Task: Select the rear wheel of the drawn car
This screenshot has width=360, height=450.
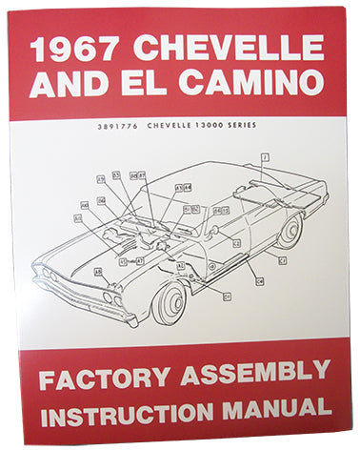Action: click(x=289, y=229)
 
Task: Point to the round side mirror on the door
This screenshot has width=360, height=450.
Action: click(x=214, y=231)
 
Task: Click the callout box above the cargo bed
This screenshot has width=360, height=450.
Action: click(x=264, y=155)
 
